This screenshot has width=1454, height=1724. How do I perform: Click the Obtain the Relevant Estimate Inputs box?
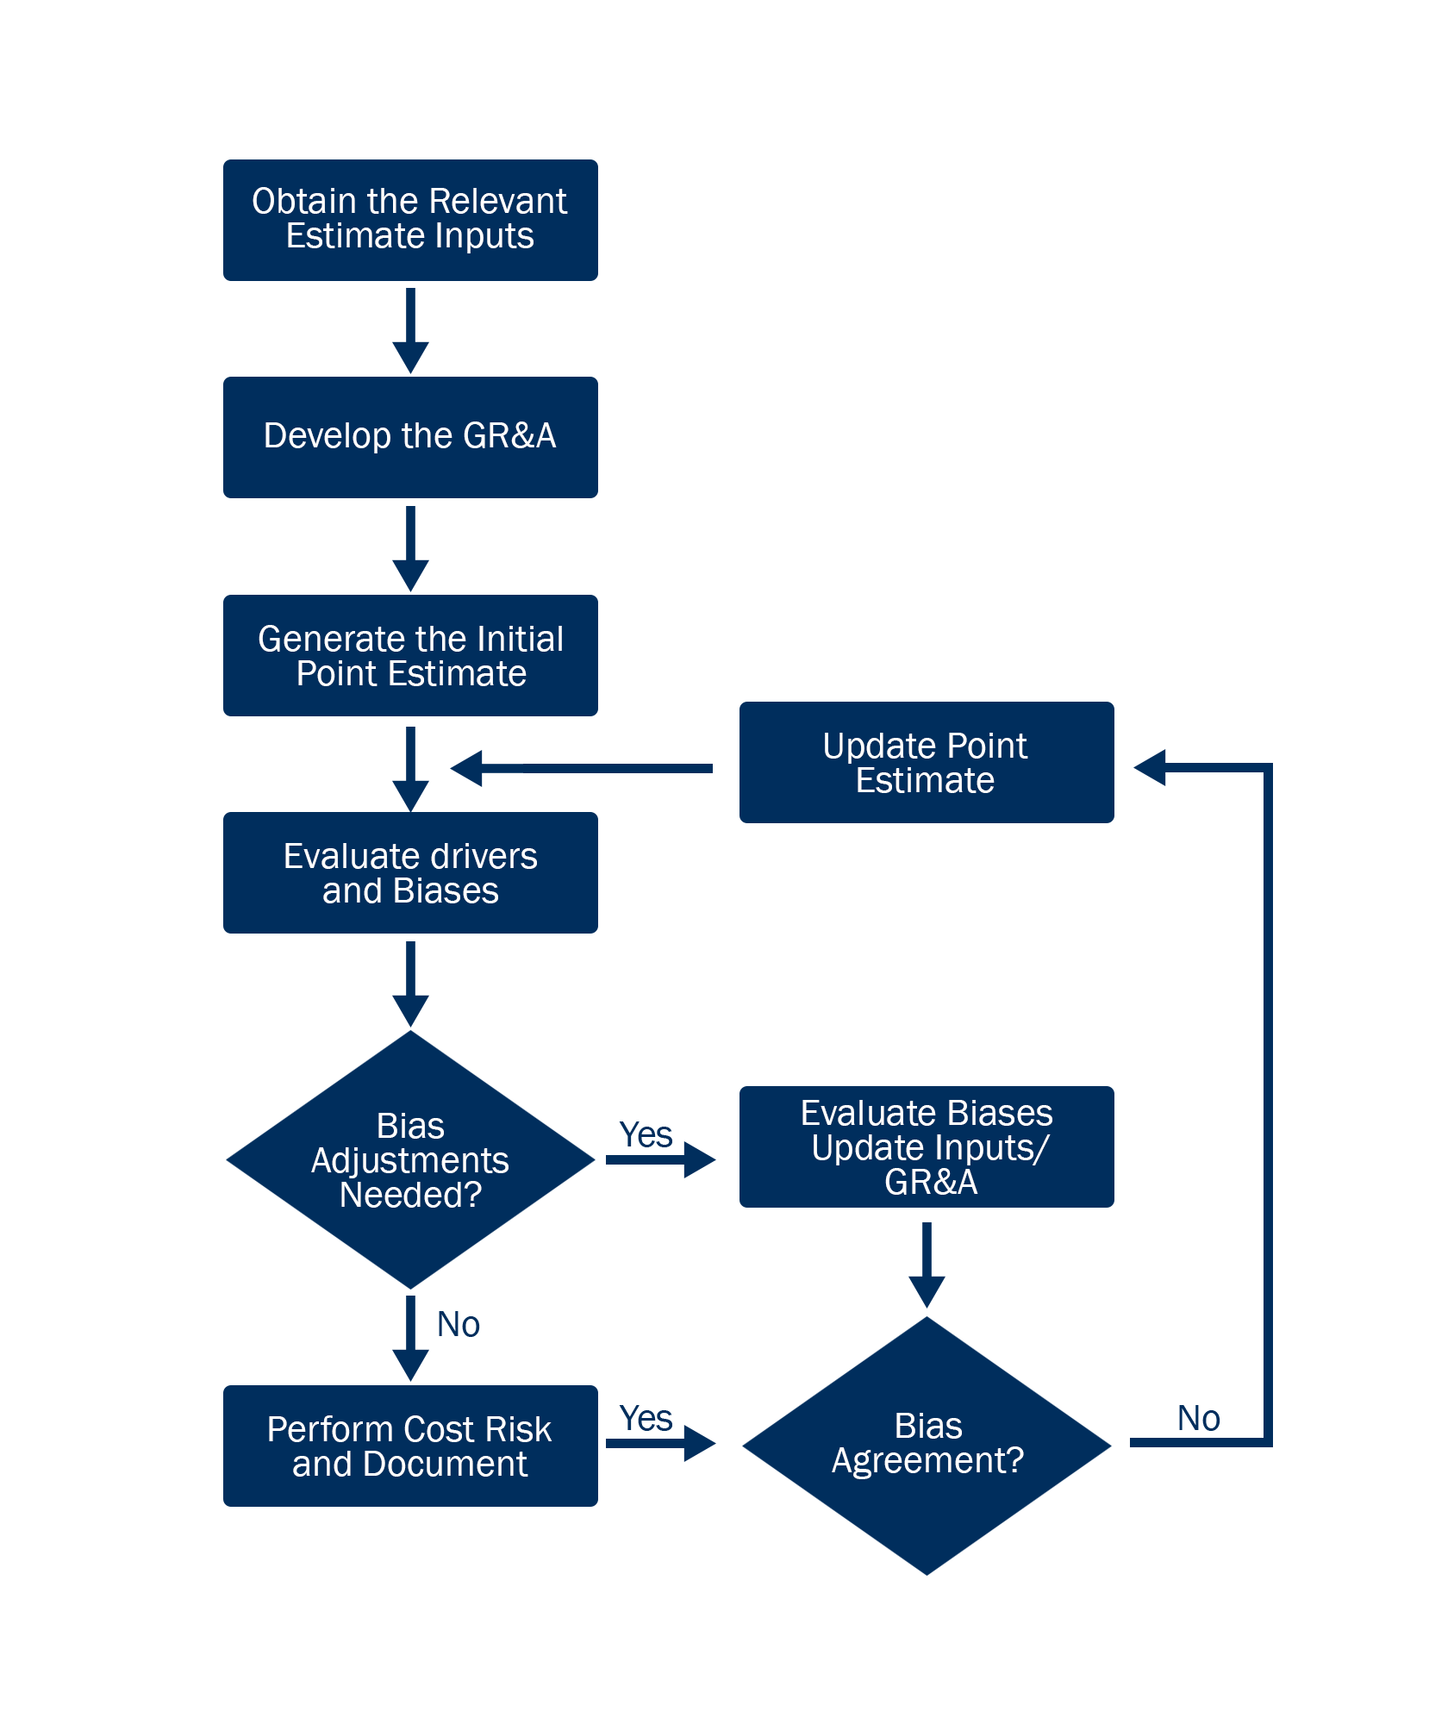(410, 220)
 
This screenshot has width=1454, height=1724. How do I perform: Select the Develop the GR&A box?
(410, 437)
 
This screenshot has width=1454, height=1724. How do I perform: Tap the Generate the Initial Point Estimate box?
(410, 655)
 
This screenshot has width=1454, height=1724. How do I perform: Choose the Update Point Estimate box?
(927, 762)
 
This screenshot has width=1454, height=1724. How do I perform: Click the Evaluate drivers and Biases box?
(410, 872)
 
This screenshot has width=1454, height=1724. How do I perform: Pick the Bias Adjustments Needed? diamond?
(410, 1159)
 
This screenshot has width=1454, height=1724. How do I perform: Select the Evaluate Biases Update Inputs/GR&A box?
(927, 1146)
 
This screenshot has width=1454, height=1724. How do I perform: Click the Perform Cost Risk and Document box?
(410, 1446)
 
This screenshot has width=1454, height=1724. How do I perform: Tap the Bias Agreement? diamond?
(927, 1444)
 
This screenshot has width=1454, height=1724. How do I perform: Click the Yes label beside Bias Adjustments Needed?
(646, 1135)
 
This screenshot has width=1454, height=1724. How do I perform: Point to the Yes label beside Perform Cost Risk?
(646, 1419)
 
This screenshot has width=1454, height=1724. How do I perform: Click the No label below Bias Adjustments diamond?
(458, 1325)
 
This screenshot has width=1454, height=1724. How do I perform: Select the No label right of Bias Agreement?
(1198, 1419)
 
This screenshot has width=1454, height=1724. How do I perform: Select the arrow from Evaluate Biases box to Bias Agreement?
(927, 1267)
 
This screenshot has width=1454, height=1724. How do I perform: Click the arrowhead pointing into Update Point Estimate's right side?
(1151, 767)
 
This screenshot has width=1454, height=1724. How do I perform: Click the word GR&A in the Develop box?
(509, 436)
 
